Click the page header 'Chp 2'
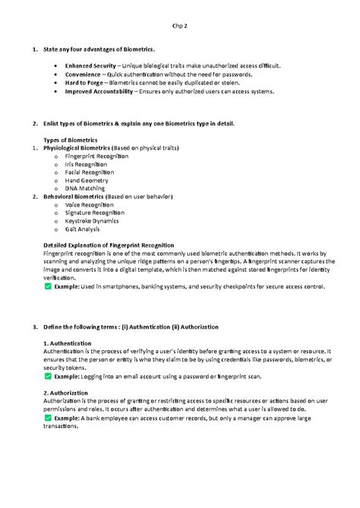179,27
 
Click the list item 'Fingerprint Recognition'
96,156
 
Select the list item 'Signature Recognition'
95,213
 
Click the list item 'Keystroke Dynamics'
92,221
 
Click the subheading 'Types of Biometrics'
71,139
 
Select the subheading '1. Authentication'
71,343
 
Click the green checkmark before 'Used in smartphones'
48,287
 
